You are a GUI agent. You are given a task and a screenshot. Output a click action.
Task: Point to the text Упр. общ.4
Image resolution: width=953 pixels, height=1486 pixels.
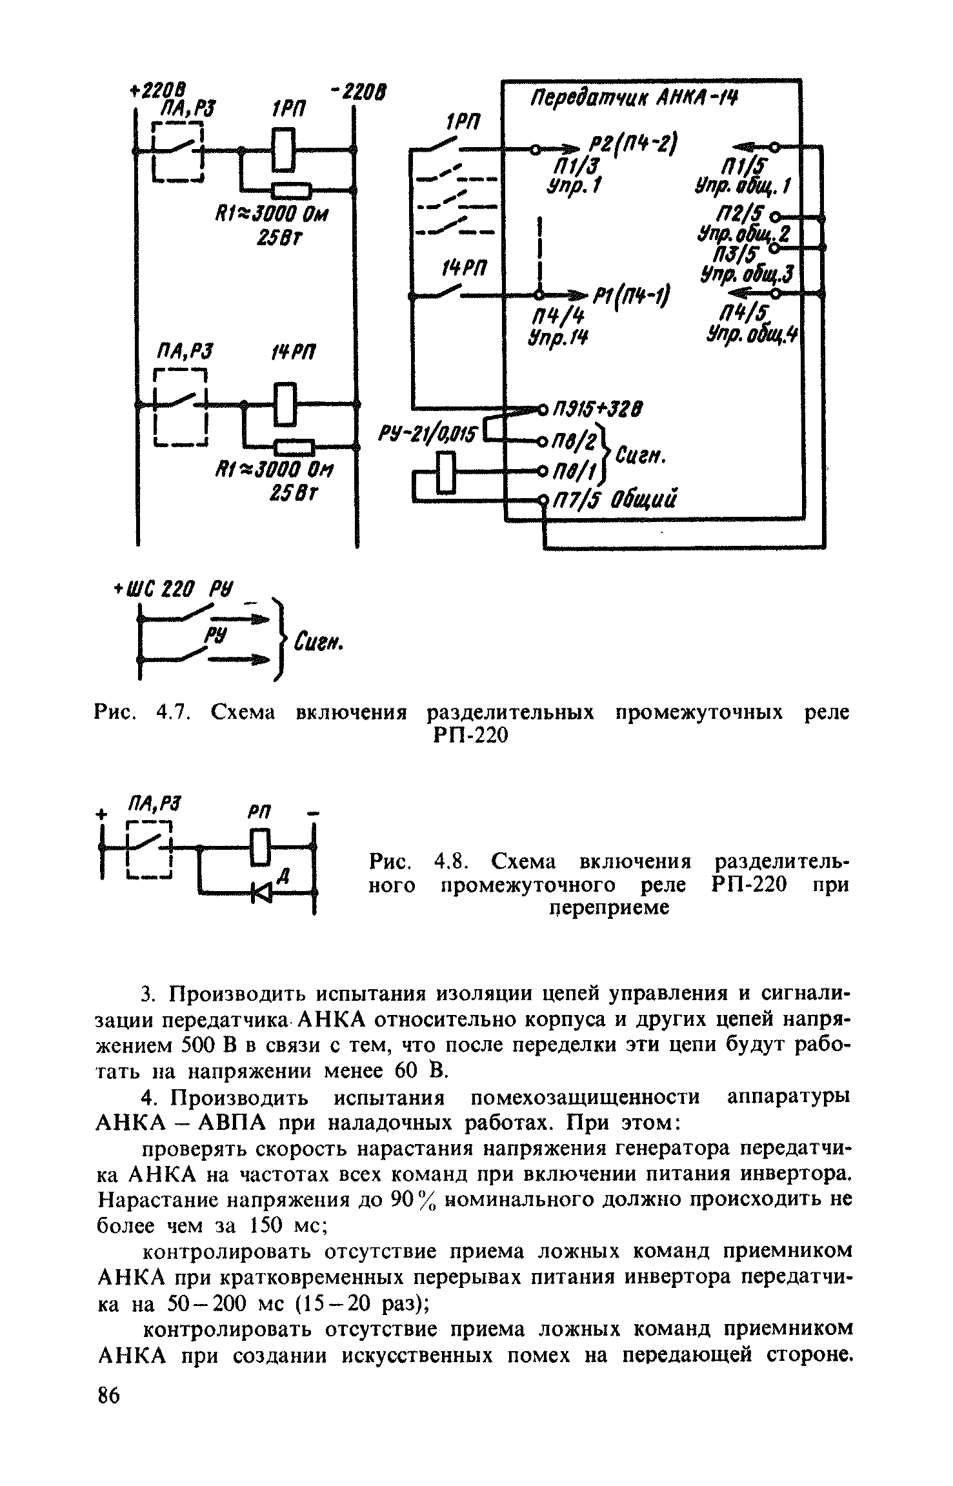tap(752, 334)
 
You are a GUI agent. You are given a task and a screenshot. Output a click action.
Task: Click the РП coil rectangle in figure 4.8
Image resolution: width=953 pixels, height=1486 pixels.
tap(260, 848)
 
